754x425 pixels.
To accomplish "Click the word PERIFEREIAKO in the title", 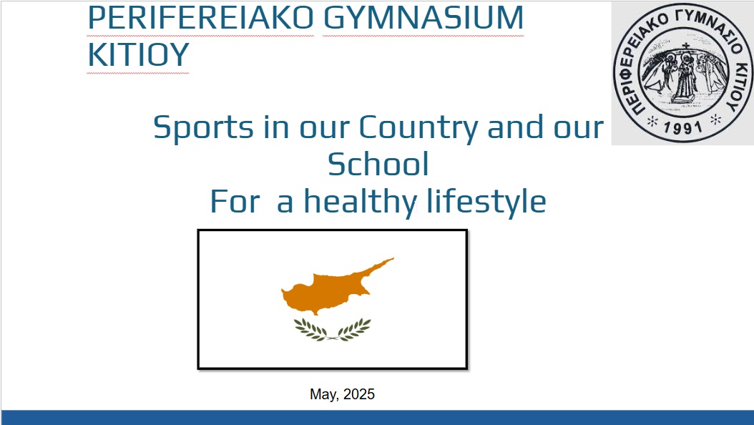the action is (200, 18).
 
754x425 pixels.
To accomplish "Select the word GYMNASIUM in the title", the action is (423, 18).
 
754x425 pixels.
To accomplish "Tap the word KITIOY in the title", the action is (139, 55).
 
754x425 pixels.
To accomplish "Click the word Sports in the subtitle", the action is (203, 128).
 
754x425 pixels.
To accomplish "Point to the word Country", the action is (418, 128).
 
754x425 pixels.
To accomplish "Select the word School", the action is (378, 164).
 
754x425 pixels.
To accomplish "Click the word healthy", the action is (360, 202).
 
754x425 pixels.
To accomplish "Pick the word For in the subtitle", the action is (235, 202).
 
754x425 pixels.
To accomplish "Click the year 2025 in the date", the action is (359, 394).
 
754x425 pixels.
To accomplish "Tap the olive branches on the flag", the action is (332, 331).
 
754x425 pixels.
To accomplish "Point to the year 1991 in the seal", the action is (683, 128).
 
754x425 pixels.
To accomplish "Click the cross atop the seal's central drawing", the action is (686, 47).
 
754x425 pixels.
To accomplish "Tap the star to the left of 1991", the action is (652, 121).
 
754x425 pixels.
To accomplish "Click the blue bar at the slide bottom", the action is (377, 417).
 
